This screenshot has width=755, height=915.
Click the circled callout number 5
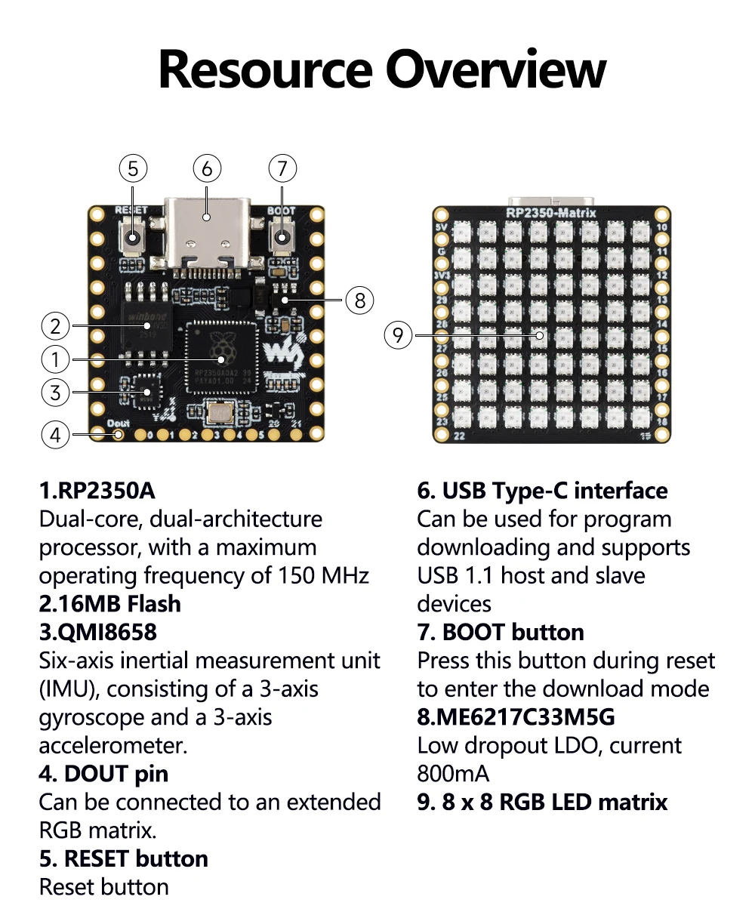point(133,168)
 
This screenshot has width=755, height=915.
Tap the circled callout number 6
point(207,168)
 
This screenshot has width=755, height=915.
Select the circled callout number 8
point(359,300)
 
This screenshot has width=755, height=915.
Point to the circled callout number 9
point(399,334)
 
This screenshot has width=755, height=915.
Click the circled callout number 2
point(55,327)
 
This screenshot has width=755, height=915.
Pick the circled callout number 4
point(55,435)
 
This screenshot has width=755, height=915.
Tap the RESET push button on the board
point(133,239)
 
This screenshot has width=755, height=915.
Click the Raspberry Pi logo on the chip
point(221,347)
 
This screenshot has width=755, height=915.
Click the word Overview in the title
point(496,69)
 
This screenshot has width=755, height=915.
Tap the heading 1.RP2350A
point(97,491)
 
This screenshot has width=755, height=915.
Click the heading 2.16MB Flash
point(110,604)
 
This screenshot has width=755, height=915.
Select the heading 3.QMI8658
point(98,632)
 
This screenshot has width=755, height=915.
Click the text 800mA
point(453,774)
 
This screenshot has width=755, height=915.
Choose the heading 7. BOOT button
point(501,632)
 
